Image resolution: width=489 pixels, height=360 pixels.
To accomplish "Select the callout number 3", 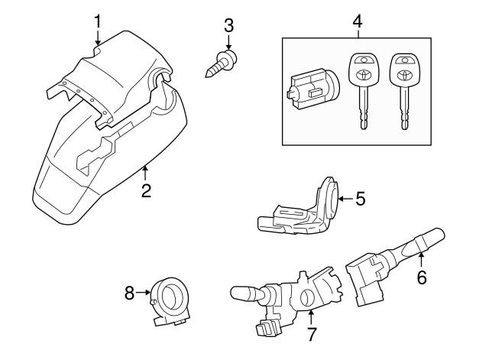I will coord(228,24).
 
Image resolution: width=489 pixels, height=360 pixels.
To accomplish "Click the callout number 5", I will coord(360,199).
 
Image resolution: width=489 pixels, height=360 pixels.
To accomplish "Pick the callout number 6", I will coord(421,277).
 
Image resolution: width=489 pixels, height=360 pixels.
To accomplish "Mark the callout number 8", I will coord(129,291).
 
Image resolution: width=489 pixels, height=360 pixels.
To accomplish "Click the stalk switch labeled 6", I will coord(390,260).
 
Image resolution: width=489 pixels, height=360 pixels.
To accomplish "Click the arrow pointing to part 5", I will coord(344,199).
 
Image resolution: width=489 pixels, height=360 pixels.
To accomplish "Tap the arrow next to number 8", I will coord(142,292).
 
